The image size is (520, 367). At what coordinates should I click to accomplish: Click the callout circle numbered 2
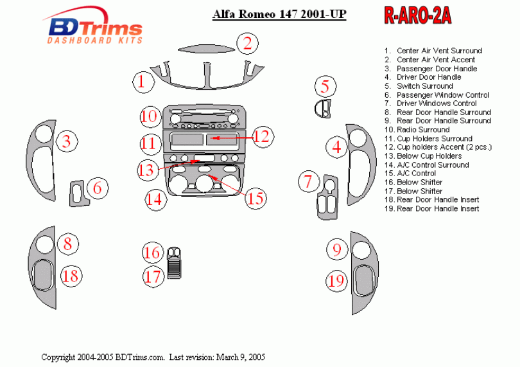tap(247, 44)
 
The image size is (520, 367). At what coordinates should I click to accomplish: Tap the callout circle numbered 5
tap(325, 86)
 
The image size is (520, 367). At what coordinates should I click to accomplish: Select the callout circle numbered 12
tap(262, 136)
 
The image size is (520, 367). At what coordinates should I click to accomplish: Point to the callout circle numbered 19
tap(336, 281)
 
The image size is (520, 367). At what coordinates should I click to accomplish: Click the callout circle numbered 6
tap(97, 188)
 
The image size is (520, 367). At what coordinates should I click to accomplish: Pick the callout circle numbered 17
tap(153, 277)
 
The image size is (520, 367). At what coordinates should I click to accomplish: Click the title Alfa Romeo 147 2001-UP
tap(279, 15)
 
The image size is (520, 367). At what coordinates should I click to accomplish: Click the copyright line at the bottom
tap(153, 357)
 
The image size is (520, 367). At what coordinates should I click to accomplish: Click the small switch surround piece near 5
tap(322, 108)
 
